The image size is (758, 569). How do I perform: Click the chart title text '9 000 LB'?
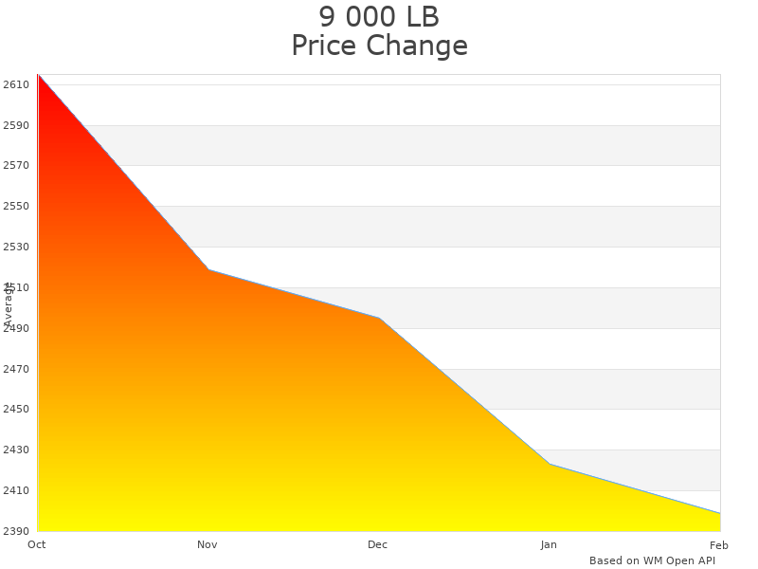click(x=379, y=17)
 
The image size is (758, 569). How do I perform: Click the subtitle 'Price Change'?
click(x=379, y=46)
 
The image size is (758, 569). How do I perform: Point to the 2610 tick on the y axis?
click(x=16, y=84)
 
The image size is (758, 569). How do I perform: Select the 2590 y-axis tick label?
click(x=16, y=125)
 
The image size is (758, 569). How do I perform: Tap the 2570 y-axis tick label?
click(x=16, y=166)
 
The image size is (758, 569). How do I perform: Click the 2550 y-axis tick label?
click(x=16, y=207)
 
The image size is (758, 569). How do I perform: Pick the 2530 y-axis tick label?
click(x=16, y=247)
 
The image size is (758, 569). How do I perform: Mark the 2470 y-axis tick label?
click(x=16, y=369)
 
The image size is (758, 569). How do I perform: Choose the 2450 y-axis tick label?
click(x=16, y=410)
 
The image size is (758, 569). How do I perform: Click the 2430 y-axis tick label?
click(x=16, y=450)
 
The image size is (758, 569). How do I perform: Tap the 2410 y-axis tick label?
click(x=16, y=490)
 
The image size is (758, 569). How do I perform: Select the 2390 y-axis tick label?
click(x=16, y=531)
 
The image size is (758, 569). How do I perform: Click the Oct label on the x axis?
click(x=37, y=544)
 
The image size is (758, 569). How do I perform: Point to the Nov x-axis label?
click(x=208, y=544)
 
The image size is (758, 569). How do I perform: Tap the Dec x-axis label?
click(x=378, y=544)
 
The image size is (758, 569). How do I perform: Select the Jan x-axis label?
click(x=549, y=544)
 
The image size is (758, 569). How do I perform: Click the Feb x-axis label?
click(x=719, y=544)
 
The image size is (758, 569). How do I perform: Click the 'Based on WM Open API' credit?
click(x=652, y=560)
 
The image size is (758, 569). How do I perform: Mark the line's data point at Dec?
click(x=379, y=318)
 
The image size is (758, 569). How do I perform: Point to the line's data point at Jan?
click(x=550, y=464)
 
